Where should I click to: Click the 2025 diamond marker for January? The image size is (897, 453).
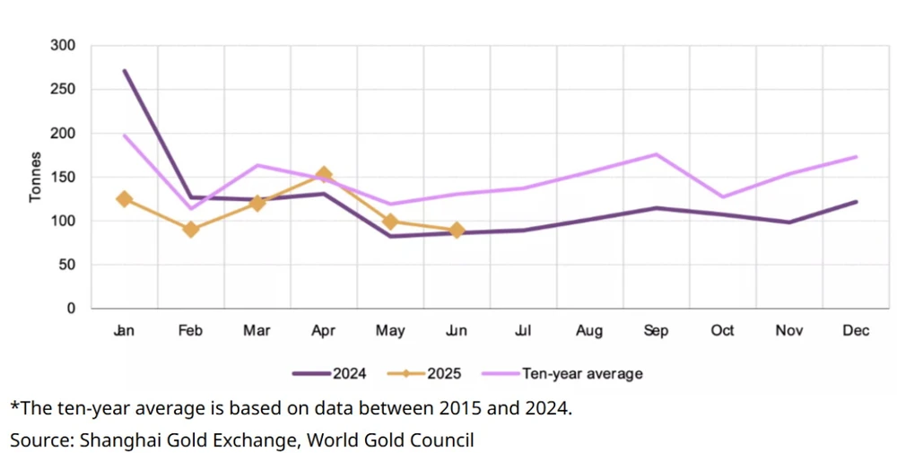click(124, 199)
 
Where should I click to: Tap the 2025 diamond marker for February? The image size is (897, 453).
click(190, 230)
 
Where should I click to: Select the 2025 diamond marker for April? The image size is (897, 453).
click(324, 174)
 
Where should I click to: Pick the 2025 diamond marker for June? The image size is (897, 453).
click(457, 231)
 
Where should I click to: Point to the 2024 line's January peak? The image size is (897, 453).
click(124, 70)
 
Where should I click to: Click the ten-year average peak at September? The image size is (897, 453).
click(656, 154)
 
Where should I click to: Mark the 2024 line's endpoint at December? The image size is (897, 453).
click(857, 202)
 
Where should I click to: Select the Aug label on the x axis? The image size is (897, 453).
click(589, 331)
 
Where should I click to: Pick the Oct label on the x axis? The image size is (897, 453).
click(722, 331)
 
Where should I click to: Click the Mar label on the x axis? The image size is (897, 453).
click(257, 331)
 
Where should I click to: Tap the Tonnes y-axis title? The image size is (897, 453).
click(36, 177)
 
